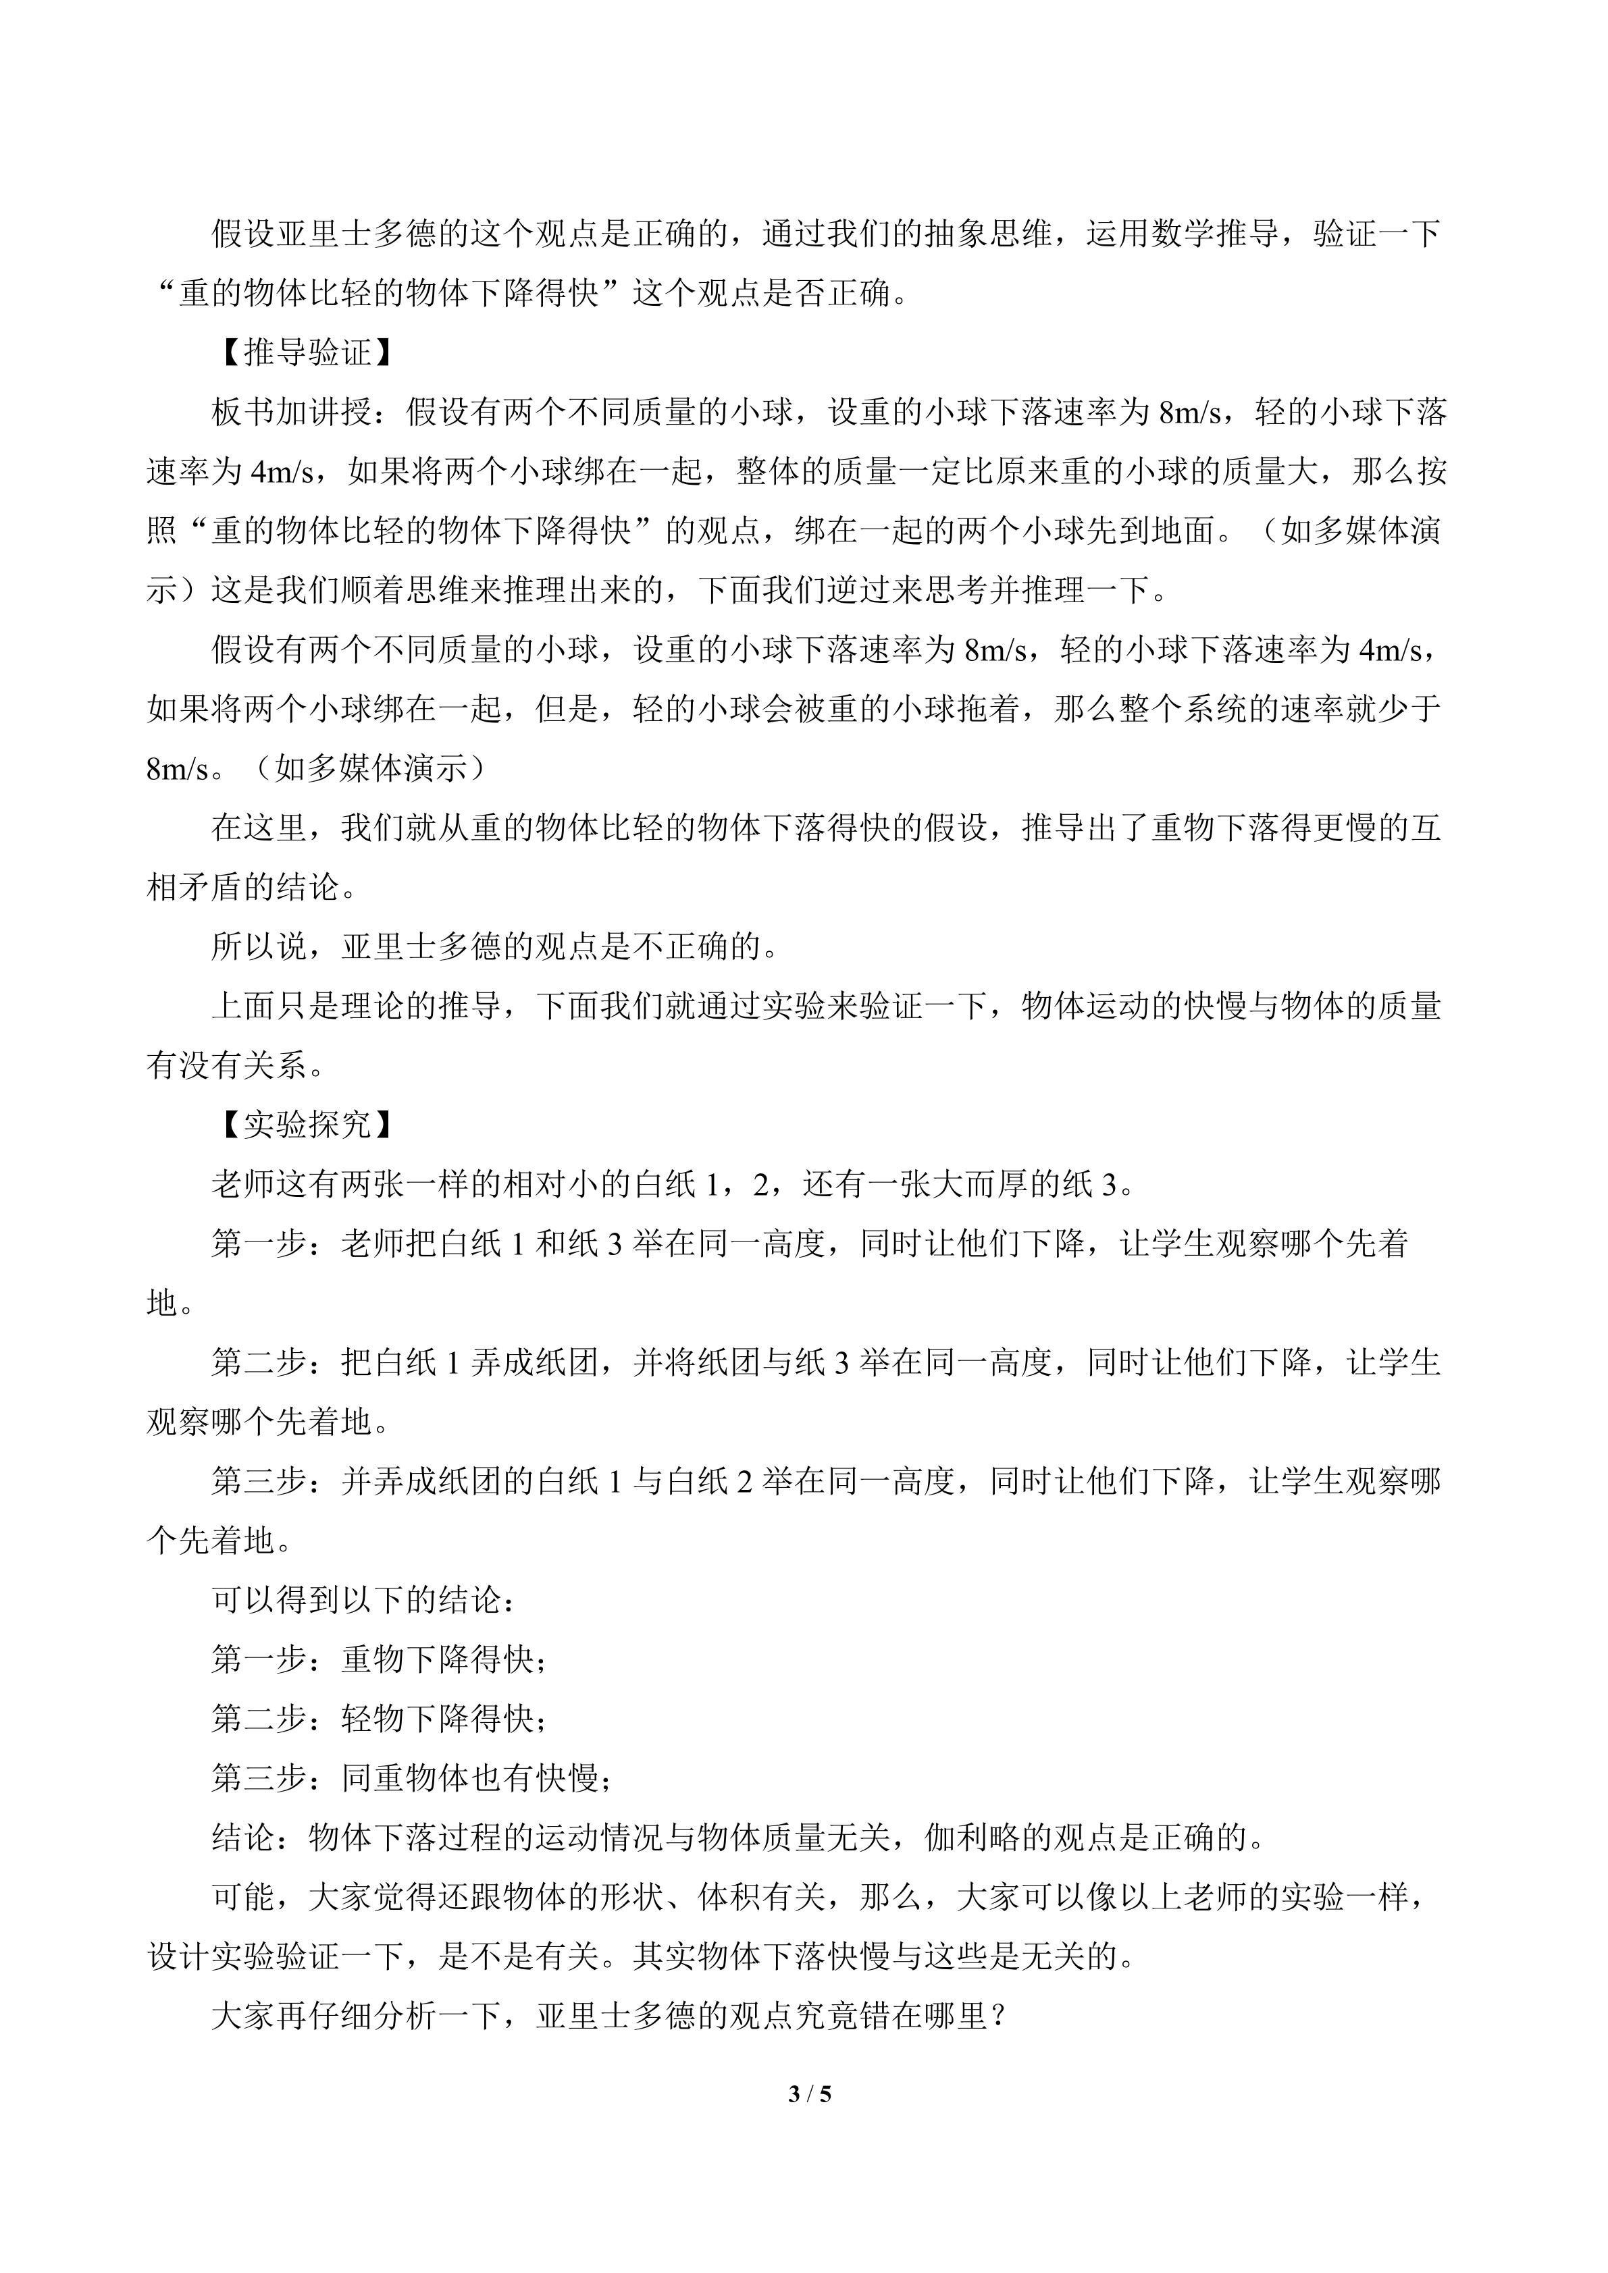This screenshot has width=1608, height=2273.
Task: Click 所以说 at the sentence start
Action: click(x=259, y=947)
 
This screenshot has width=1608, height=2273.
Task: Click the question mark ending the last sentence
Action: click(x=998, y=2016)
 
